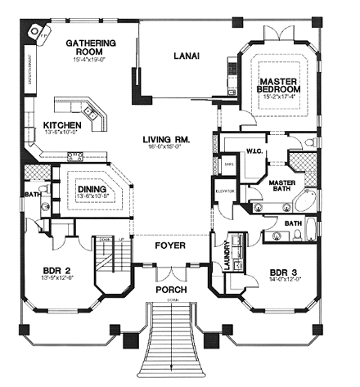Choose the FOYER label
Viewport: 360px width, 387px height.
(x=173, y=245)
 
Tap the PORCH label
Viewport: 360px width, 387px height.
(x=173, y=290)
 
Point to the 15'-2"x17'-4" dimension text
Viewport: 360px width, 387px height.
(x=278, y=97)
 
